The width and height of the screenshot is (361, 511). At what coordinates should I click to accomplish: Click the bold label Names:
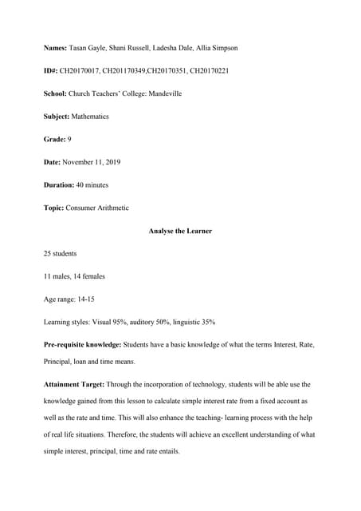56,48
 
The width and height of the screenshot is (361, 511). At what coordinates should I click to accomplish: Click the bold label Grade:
54,140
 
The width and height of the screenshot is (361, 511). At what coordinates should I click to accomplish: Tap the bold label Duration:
60,185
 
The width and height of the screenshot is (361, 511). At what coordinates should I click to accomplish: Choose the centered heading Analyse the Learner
180,231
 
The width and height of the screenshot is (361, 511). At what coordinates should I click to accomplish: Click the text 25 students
61,253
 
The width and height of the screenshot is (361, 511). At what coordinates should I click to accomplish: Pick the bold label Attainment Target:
74,384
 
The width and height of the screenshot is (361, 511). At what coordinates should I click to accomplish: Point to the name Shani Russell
126,48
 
